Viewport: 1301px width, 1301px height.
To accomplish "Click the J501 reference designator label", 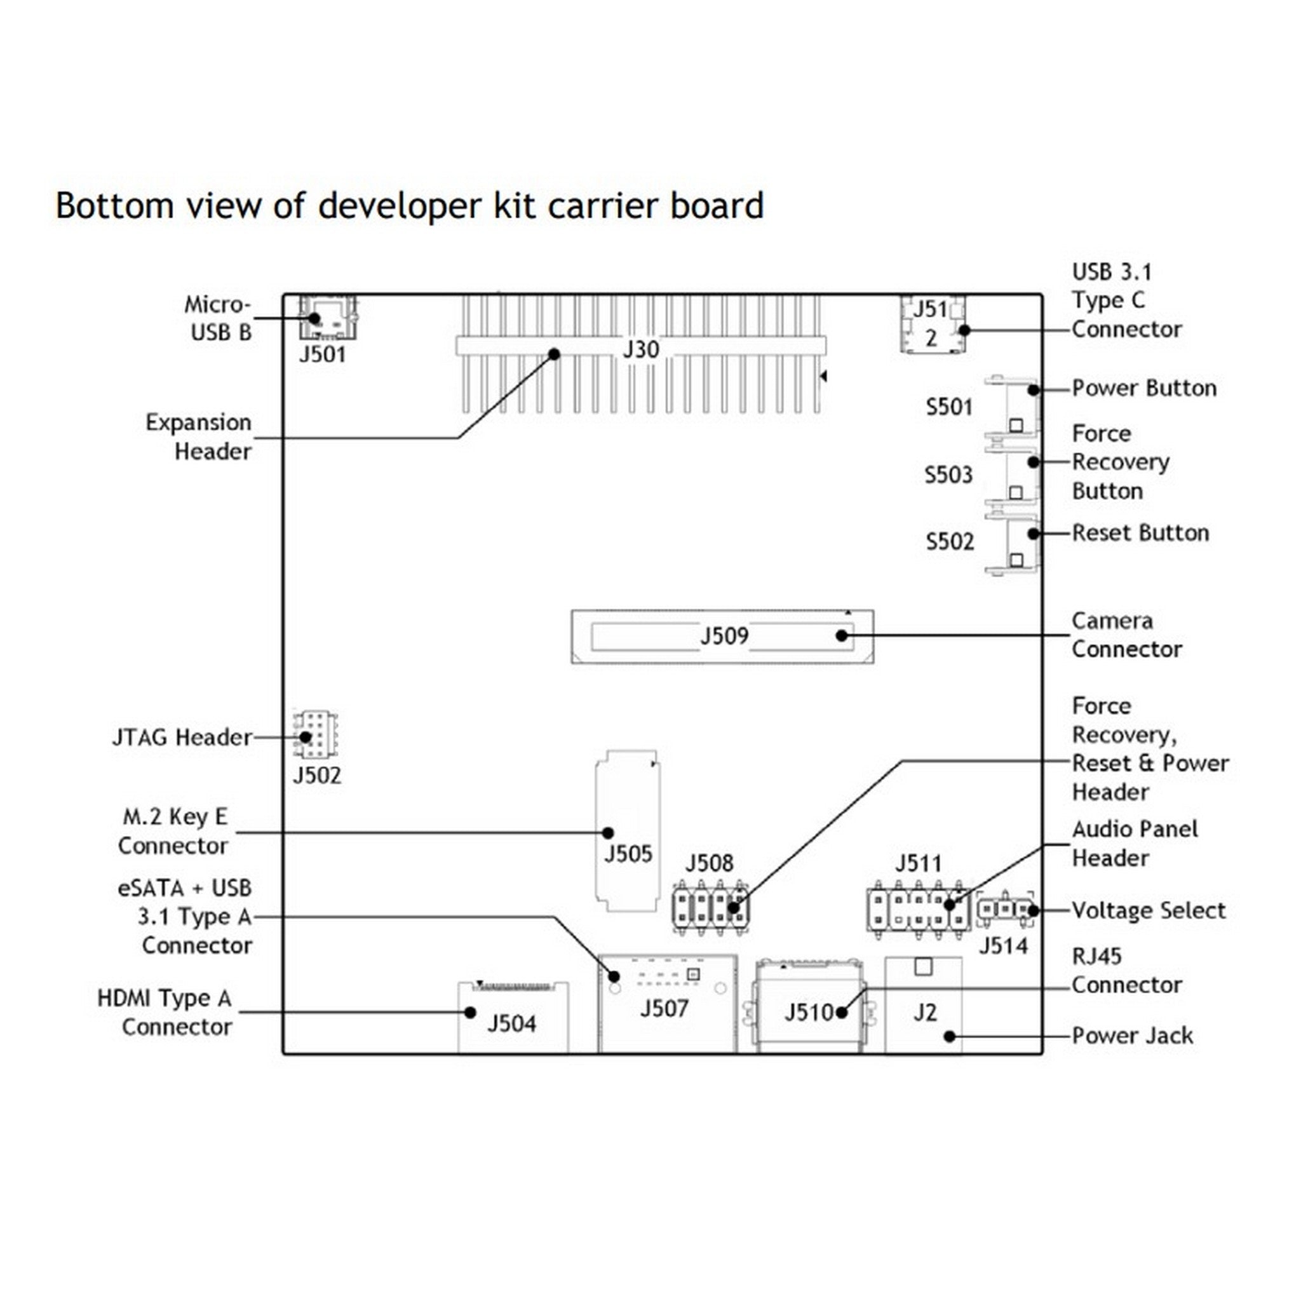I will coord(322,354).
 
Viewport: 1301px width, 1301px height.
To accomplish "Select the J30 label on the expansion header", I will coord(640,349).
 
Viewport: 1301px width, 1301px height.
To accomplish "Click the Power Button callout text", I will coord(1143,389).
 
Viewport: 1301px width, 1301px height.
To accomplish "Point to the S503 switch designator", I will coord(948,475).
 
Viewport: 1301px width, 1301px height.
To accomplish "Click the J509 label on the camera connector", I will coord(724,636).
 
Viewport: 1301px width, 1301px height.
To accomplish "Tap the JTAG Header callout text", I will coord(182,738).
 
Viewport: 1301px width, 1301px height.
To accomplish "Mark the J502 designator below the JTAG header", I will coord(316,776).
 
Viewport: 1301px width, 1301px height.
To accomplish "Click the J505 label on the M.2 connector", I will coord(628,854).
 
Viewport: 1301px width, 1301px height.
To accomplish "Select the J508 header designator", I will coord(709,863).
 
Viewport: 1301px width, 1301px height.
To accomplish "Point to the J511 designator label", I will coord(919,863).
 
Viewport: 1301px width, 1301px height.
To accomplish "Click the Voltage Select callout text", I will coord(1148,910).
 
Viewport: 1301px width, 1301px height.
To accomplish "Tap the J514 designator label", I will coord(1002,946).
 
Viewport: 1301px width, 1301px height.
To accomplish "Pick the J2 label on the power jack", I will coord(924,1012).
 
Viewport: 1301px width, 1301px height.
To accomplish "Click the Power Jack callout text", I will coord(1132,1035).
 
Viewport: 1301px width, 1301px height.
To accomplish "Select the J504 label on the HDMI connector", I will coord(512,1023).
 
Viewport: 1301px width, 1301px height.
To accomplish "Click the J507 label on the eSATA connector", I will coord(664,1008).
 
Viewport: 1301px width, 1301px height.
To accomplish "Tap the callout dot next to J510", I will coord(841,1012).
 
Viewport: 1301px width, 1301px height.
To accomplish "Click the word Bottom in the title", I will coord(114,205).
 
